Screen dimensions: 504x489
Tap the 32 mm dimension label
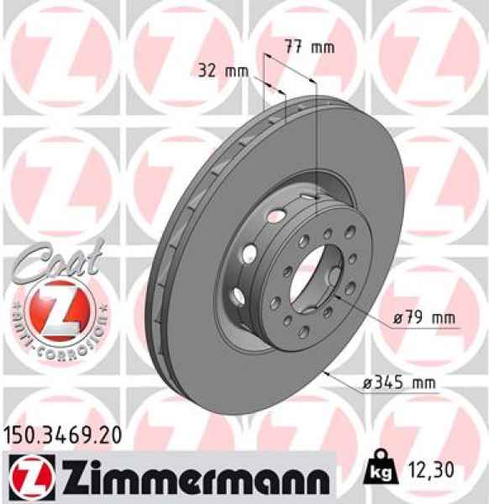tap(223, 71)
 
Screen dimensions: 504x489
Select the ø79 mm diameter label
tap(424, 319)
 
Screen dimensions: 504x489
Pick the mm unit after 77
tap(323, 47)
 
